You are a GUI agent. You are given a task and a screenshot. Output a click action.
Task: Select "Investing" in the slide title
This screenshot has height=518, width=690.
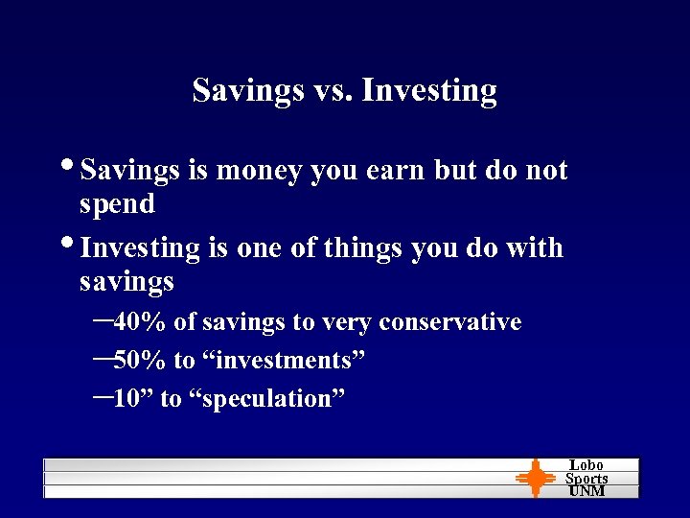point(429,91)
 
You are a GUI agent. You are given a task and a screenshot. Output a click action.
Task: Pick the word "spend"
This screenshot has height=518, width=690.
point(117,204)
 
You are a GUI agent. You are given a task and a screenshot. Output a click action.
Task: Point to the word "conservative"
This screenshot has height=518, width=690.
point(449,322)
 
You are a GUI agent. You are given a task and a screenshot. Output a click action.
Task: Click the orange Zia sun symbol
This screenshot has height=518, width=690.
point(535,478)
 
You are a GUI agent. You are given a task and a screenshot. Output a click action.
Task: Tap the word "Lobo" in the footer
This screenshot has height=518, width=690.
point(586,465)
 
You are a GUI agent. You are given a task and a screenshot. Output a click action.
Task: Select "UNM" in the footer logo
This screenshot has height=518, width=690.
point(586,491)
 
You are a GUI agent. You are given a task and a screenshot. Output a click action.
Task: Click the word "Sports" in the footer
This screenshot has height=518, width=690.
point(586,479)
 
